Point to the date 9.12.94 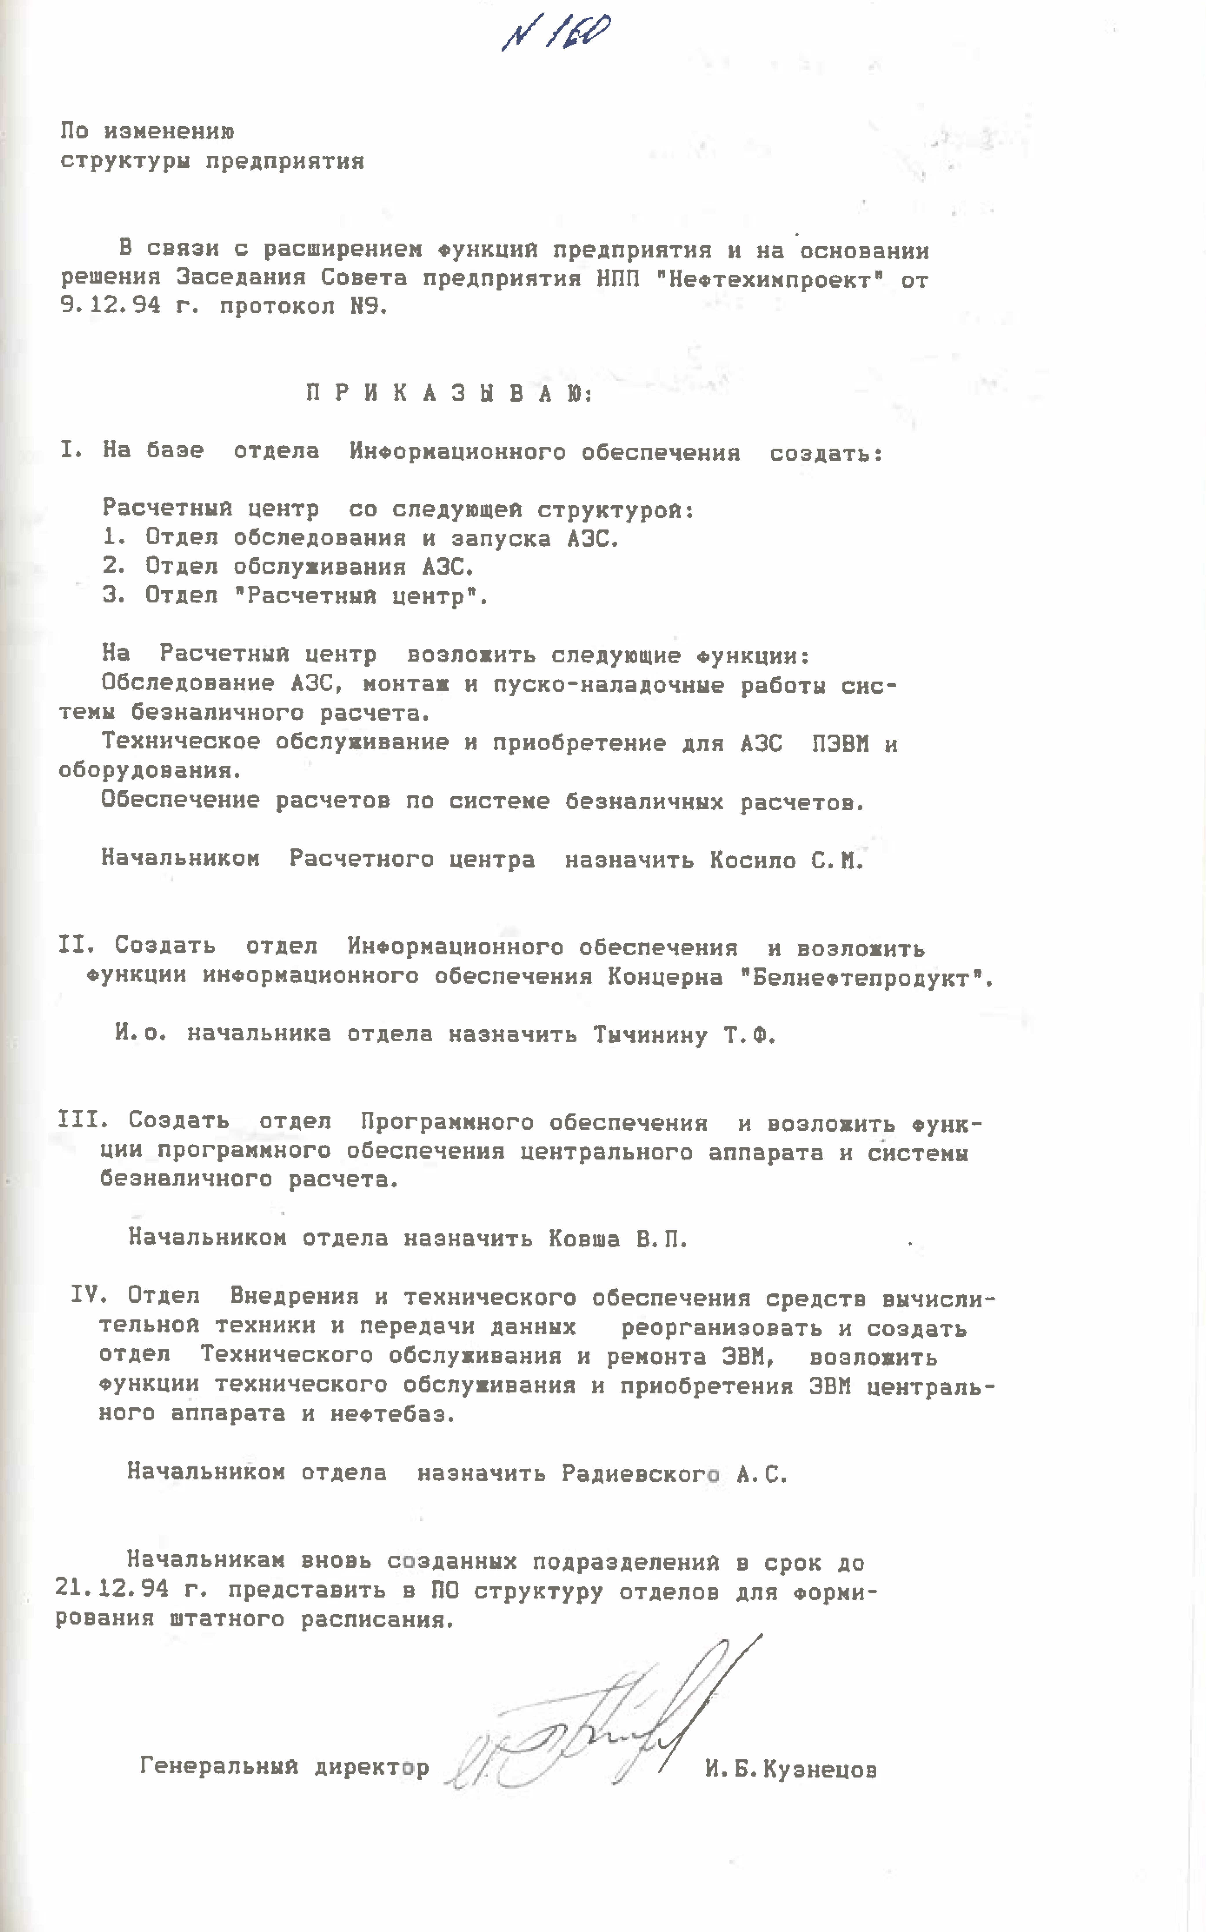pyautogui.click(x=110, y=305)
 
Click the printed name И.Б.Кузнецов pyautogui.click(x=791, y=1769)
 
